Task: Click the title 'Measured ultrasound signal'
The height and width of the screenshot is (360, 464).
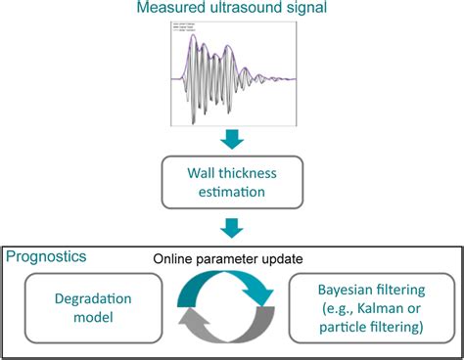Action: click(232, 10)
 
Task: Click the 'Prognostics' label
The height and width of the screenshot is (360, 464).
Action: click(44, 256)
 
